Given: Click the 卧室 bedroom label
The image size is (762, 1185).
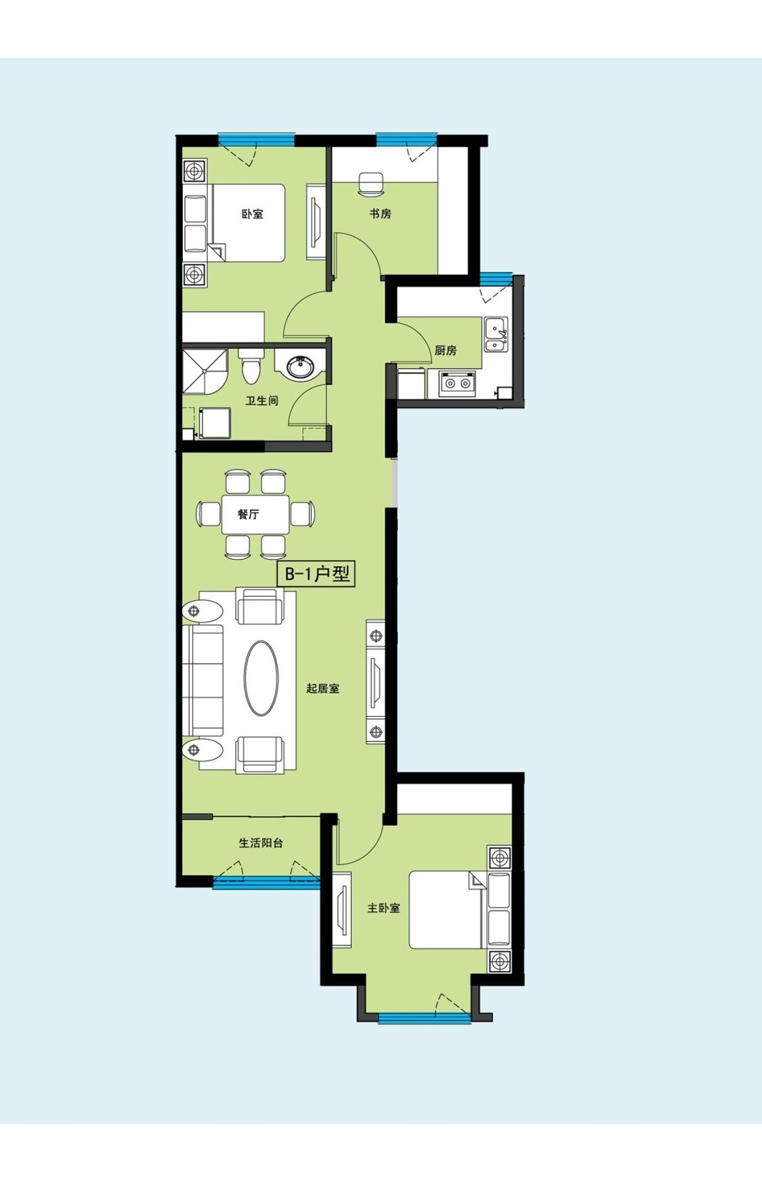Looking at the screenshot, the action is point(253,214).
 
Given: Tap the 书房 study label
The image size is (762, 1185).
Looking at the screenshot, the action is point(380,213).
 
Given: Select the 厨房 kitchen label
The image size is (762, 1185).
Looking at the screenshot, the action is point(446,350).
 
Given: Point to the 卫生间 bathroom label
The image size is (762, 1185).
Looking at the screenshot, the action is point(261,400).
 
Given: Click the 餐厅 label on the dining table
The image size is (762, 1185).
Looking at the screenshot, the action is point(248,514).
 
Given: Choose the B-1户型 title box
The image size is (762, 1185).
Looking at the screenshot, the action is point(316,575).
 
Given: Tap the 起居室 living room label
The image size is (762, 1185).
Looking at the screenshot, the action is point(322,688).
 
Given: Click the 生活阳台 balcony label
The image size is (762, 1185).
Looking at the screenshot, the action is point(261,843).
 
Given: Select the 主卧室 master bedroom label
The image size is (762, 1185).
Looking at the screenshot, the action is point(383,908).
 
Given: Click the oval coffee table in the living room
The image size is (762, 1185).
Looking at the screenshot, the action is point(261,678).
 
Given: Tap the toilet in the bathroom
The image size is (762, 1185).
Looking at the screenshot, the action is point(250,367).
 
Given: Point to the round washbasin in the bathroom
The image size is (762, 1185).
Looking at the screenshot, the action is point(300,367).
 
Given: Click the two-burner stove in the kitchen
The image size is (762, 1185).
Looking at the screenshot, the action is point(457,383).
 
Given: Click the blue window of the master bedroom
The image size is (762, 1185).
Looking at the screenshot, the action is point(424,1018).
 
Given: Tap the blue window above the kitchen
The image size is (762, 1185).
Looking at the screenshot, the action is point(496,278).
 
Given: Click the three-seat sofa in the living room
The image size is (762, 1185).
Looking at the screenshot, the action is point(203,680).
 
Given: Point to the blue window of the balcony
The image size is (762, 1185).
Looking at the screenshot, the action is point(266,881).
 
